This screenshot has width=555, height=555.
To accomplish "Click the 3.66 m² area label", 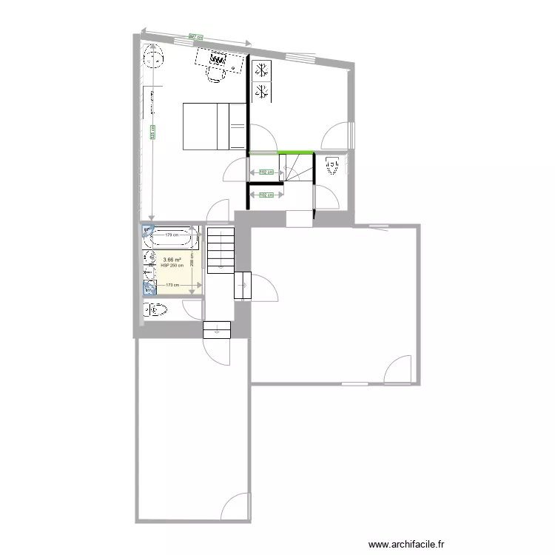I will tap(172, 260).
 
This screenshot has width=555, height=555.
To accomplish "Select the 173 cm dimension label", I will tap(172, 285).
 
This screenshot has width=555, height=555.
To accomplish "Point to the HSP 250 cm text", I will tap(172, 266).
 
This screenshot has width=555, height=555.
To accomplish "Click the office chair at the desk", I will tap(215, 73).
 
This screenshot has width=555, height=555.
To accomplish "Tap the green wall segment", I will tap(281, 152).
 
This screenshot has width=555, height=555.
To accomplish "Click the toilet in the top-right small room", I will tap(332, 166).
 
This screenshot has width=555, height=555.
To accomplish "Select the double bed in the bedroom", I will tap(213, 126).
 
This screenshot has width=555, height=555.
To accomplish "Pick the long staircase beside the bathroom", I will tap(220, 250).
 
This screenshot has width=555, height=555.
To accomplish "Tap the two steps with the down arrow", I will tap(216, 329).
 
